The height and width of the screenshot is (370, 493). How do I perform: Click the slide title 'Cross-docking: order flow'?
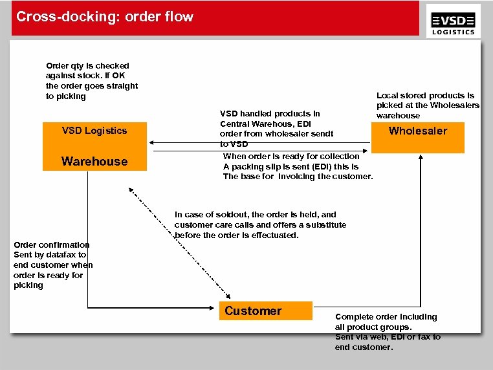coord(104,17)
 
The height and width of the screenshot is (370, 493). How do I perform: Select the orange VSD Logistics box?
coord(94,131)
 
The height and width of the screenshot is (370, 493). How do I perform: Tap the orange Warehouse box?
coord(94,161)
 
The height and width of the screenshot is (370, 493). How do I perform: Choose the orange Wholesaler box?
coord(418,131)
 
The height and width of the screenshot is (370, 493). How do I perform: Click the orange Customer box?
coord(265,311)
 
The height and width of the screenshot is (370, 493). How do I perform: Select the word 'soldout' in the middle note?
coord(233,215)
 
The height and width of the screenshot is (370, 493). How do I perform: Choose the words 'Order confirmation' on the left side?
coord(51,245)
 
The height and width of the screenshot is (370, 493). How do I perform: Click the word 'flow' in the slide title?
coord(179,17)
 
